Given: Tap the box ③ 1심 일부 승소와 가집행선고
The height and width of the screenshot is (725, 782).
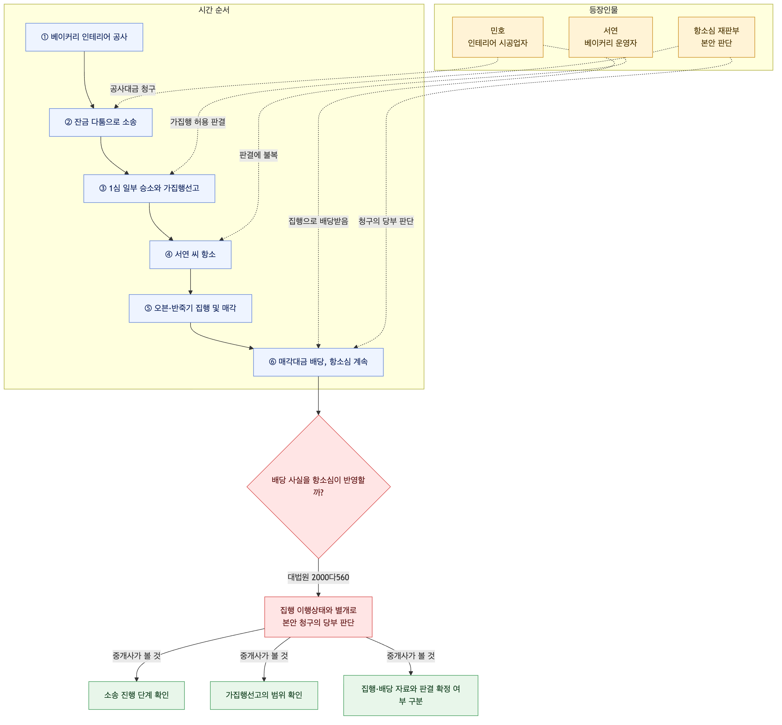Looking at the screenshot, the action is pyautogui.click(x=149, y=189).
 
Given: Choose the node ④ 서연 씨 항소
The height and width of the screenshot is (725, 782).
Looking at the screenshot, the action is pyautogui.click(x=190, y=255).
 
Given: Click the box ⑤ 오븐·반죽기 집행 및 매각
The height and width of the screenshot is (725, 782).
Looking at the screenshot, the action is pyautogui.click(x=190, y=308).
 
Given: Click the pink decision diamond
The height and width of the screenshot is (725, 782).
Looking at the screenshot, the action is pyautogui.click(x=318, y=487).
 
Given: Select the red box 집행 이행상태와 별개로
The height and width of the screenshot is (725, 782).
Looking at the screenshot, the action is pyautogui.click(x=318, y=617).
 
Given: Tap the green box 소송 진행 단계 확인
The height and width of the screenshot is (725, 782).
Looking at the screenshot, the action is pyautogui.click(x=136, y=695).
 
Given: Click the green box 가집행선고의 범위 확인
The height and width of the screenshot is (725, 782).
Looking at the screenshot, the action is pyautogui.click(x=264, y=695).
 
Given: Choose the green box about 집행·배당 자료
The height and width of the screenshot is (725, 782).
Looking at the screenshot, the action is pyautogui.click(x=411, y=695).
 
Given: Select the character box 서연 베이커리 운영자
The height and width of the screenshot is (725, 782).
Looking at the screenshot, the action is pyautogui.click(x=611, y=37).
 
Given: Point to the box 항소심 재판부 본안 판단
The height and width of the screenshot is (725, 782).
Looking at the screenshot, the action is pyautogui.click(x=716, y=37).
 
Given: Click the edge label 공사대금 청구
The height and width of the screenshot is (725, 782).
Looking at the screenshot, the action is pyautogui.click(x=133, y=89).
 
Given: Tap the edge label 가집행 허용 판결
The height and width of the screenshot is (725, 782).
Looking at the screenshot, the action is pyautogui.click(x=198, y=122).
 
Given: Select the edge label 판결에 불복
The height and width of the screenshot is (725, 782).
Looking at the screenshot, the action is pyautogui.click(x=259, y=155).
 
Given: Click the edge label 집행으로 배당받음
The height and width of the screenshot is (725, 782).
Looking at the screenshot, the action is pyautogui.click(x=318, y=221).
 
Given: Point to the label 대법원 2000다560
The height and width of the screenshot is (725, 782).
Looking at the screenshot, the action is pyautogui.click(x=318, y=577).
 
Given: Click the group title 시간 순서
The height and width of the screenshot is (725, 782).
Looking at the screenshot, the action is pyautogui.click(x=214, y=10).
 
